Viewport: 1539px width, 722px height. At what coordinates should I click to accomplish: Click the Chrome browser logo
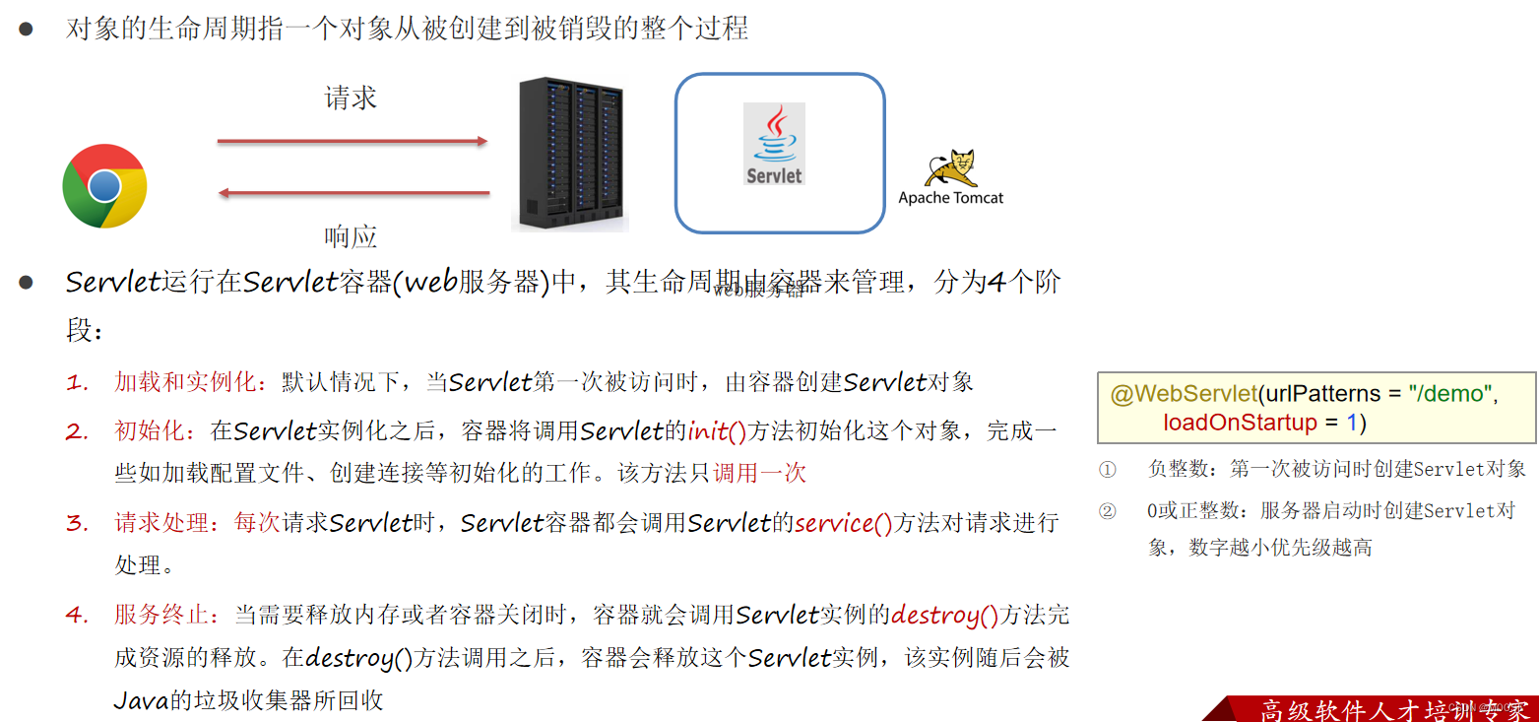(x=104, y=186)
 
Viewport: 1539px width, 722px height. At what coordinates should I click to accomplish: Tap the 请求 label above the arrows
(x=351, y=98)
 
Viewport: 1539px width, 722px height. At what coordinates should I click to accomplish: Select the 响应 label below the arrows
(x=351, y=236)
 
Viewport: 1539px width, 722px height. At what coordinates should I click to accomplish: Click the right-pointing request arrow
(x=353, y=142)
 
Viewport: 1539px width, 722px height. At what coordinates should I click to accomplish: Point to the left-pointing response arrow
(x=353, y=193)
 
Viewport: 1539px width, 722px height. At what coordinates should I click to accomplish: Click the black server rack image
(x=570, y=155)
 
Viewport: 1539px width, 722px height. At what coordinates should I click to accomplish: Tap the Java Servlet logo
(x=774, y=145)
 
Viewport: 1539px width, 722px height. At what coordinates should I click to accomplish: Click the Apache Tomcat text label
(x=951, y=198)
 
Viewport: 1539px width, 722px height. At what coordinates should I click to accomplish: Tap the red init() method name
(x=718, y=431)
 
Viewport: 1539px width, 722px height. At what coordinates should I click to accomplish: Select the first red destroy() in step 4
(x=944, y=616)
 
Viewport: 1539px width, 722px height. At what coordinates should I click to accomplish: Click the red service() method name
(x=843, y=523)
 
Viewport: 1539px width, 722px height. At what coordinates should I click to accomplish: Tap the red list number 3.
(x=78, y=523)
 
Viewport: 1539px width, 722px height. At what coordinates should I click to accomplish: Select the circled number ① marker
(x=1108, y=470)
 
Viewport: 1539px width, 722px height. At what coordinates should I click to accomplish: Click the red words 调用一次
(x=759, y=474)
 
